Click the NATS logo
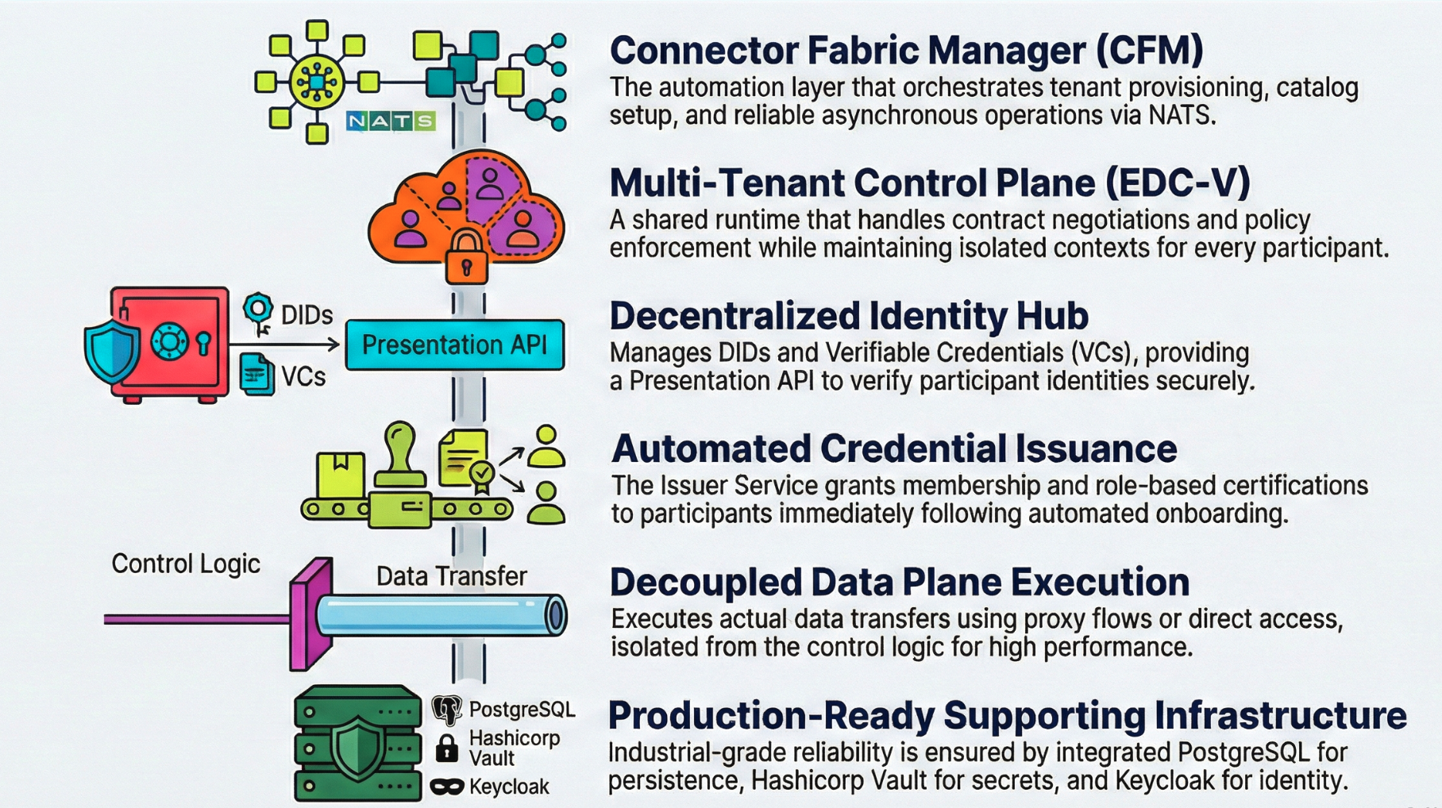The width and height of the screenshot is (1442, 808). coord(391,121)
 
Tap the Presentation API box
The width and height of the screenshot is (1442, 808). coord(454,345)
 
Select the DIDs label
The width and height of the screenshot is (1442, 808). coord(307,315)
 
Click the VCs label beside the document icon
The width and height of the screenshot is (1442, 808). coord(303,376)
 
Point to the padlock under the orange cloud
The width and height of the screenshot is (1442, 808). coord(466,258)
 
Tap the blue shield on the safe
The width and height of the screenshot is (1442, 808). coord(112,350)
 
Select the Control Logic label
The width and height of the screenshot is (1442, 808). coord(185,564)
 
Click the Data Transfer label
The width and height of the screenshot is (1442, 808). coord(451,576)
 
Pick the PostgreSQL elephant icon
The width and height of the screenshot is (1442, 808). coord(447,710)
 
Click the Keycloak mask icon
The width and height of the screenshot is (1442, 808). coord(447,787)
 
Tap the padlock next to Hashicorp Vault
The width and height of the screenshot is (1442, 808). coord(447,748)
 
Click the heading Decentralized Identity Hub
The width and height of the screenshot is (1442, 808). coord(848,316)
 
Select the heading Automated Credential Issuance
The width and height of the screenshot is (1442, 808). coord(893,449)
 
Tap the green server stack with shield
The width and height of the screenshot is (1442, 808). coord(357,744)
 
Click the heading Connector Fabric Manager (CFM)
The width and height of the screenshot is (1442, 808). coord(906,50)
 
